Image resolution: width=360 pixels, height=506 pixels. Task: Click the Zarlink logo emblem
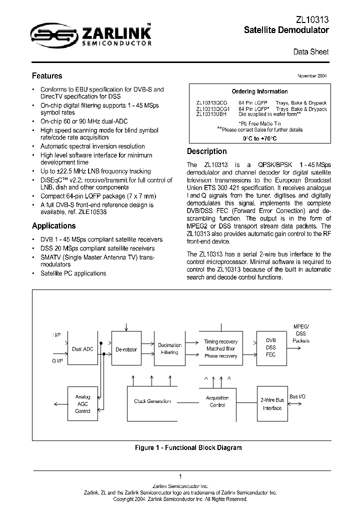[x=47, y=33]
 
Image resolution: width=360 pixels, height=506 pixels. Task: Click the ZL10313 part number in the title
[x=312, y=19]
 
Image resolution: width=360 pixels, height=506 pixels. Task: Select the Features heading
[x=47, y=76]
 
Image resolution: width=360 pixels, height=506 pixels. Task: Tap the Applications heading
[x=53, y=225]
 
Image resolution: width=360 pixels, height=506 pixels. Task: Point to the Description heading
[x=206, y=151]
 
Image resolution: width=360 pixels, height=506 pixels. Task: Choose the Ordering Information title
[x=259, y=91]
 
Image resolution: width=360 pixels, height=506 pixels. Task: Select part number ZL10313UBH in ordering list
[x=211, y=114]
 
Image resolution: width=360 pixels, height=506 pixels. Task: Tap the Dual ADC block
[x=83, y=349]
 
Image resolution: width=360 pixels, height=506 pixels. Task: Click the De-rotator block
[x=126, y=349]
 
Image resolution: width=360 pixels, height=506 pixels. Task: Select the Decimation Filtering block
[x=169, y=348]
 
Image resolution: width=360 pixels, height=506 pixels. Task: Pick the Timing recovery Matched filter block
[x=220, y=348]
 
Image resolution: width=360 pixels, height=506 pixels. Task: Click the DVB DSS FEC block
[x=270, y=347]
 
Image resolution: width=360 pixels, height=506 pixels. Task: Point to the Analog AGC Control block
[x=83, y=404]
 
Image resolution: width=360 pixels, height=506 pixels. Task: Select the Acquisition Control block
[x=217, y=401]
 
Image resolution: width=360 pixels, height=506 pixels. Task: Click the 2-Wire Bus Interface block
[x=272, y=404]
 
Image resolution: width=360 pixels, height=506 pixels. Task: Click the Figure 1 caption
[x=188, y=447]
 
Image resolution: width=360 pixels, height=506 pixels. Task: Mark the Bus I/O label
[x=297, y=396]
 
